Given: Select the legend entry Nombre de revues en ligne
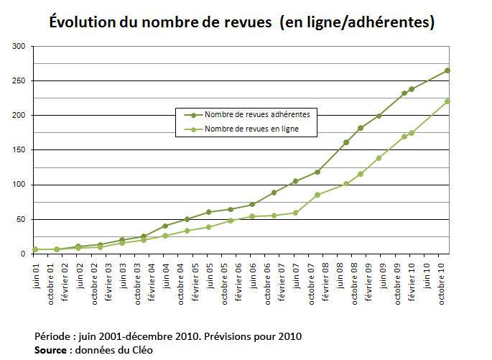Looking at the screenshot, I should coord(251,129).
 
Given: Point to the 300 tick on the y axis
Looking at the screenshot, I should coord(19,47).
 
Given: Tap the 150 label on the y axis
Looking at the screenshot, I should coord(19,150).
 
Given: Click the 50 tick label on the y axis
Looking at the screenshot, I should coord(21,219).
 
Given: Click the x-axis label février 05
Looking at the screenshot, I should coord(194,278).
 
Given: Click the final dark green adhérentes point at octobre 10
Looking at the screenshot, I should coord(447,70).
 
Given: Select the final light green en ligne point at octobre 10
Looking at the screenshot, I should coord(447,101).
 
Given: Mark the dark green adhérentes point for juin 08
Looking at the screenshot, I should coord(346,142).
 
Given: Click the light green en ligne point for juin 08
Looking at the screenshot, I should coord(346,184).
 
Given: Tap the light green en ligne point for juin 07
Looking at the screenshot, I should coord(295,213).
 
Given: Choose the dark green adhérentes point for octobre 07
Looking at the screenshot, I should coord(317,172).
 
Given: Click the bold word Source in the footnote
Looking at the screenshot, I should coord(50,350).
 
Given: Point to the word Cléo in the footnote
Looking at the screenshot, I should coord(141,350).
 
